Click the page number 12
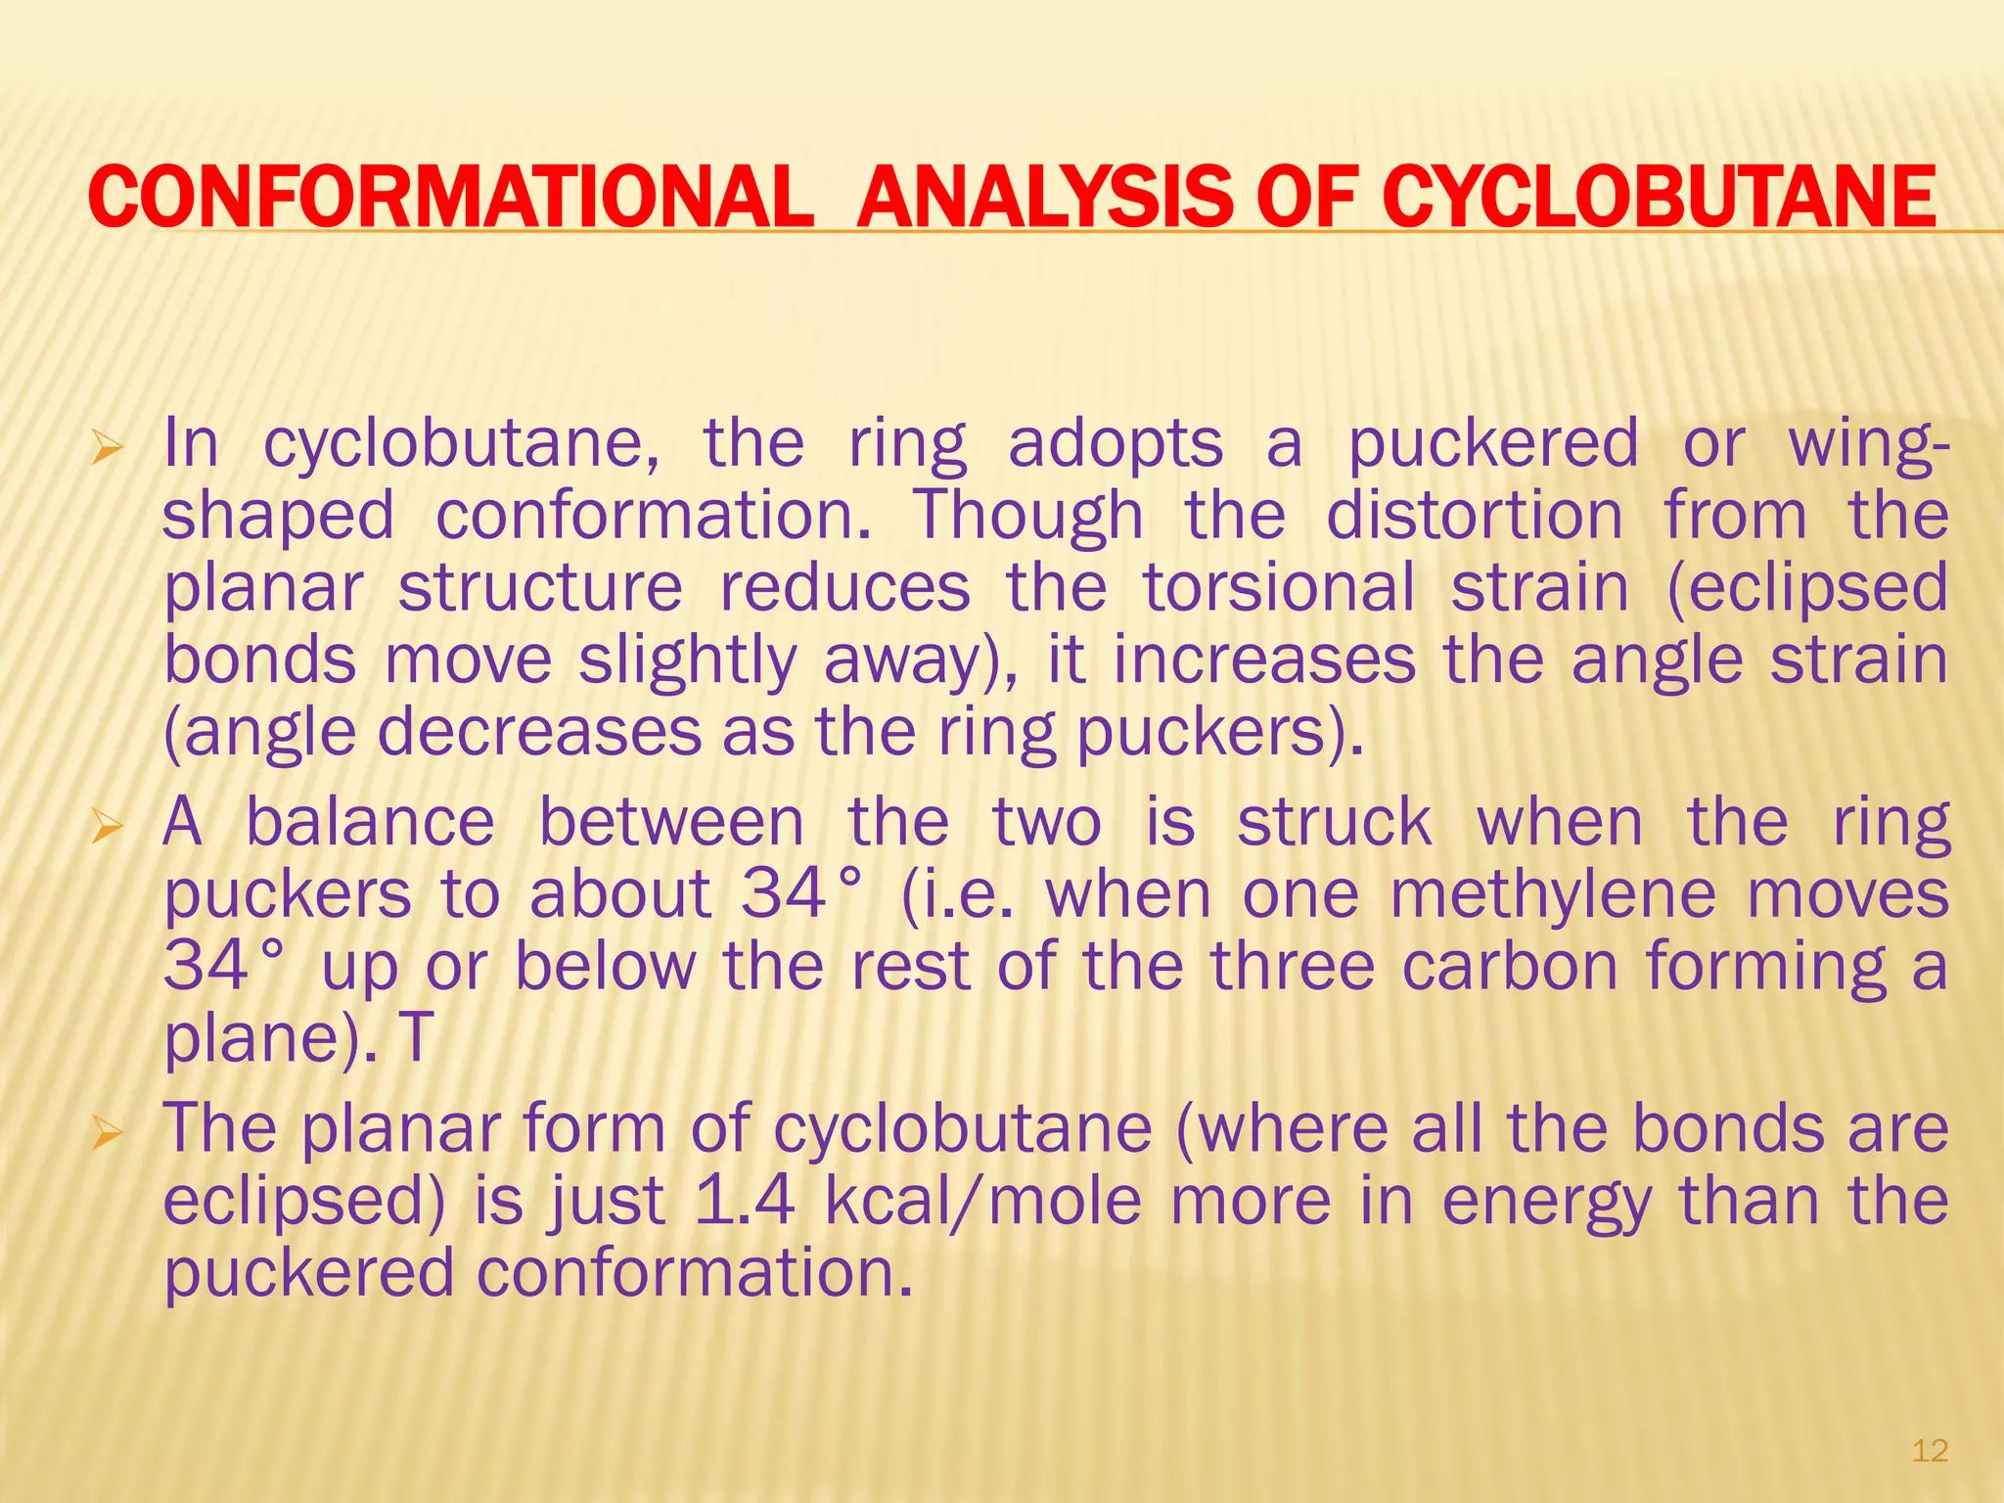[1930, 1450]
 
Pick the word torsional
[1279, 587]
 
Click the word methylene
[1553, 894]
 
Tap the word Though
[1027, 516]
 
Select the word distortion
[1474, 516]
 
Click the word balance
[370, 822]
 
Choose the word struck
[1335, 822]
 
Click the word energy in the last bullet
[1547, 1204]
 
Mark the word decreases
[539, 732]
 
